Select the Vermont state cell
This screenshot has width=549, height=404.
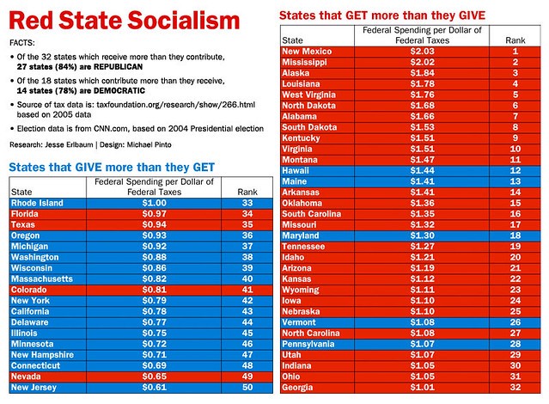coord(300,322)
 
